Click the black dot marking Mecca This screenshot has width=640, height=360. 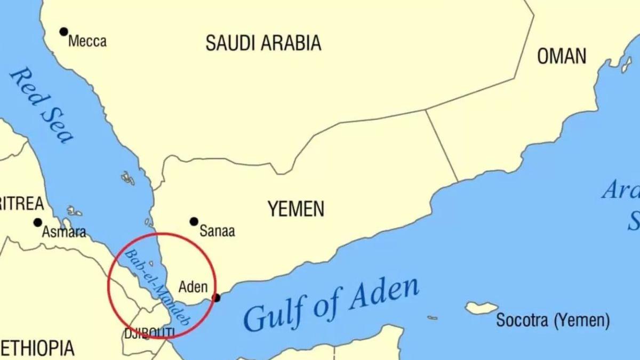[64, 32]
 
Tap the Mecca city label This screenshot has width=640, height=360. [87, 42]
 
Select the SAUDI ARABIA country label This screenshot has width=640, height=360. [263, 43]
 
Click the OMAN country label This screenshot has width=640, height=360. [561, 56]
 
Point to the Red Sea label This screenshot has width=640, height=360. [42, 105]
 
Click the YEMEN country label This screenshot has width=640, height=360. [295, 209]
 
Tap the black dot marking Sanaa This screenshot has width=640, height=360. [194, 221]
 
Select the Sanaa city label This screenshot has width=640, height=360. [217, 231]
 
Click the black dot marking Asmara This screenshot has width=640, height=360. [38, 222]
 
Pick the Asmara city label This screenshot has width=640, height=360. [64, 233]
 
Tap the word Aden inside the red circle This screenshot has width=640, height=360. [193, 287]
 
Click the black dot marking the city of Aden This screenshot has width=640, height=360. [216, 298]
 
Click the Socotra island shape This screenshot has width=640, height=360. [482, 308]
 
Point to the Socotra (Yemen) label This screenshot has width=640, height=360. [553, 321]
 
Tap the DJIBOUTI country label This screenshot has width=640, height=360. [149, 333]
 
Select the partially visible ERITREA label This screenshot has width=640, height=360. [21, 203]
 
